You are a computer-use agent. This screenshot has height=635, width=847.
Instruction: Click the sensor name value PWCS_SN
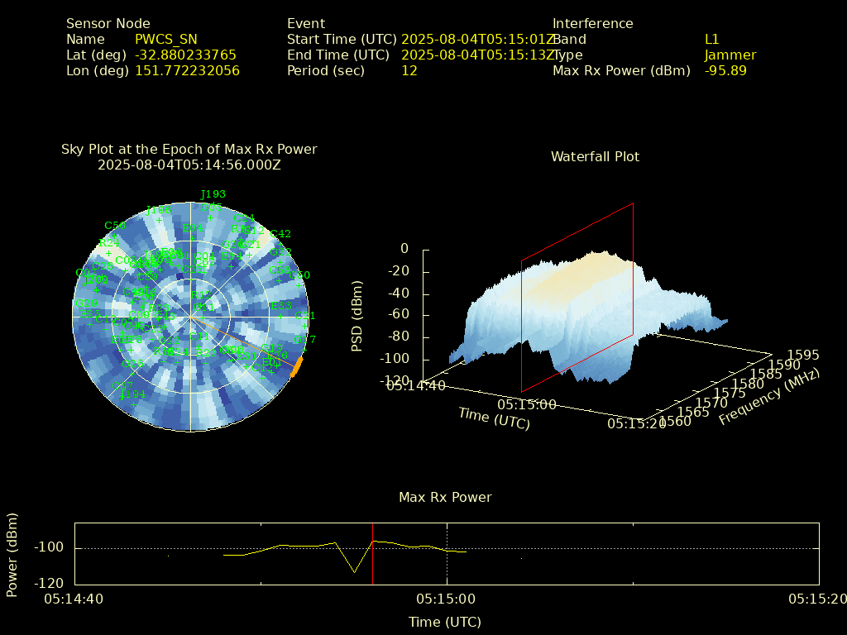(x=166, y=40)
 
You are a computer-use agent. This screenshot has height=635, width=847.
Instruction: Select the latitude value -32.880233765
(x=185, y=55)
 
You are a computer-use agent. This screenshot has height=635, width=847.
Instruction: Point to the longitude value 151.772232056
(x=187, y=71)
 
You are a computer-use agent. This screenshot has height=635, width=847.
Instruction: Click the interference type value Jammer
(x=730, y=55)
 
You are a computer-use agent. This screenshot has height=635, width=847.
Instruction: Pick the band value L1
(x=712, y=40)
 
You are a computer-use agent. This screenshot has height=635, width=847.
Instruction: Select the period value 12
(x=409, y=71)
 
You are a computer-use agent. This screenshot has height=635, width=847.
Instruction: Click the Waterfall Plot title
(x=595, y=157)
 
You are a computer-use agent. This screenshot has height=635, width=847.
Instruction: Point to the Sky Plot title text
(x=189, y=150)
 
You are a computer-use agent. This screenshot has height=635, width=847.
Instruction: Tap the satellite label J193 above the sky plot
(x=213, y=195)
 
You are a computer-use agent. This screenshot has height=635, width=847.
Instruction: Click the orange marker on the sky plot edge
(x=298, y=366)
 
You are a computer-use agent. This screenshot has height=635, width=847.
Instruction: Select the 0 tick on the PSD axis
(x=404, y=249)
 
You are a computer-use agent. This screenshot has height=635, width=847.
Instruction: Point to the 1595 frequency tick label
(x=803, y=356)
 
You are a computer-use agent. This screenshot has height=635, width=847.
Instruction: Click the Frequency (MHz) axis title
(x=769, y=398)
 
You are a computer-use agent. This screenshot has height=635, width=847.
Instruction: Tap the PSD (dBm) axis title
(x=357, y=315)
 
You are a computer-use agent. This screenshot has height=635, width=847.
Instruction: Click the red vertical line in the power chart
(x=372, y=554)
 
